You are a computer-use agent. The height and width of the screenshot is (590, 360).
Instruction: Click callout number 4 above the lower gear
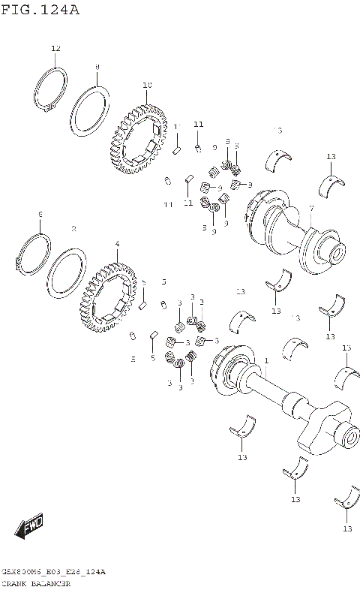[117, 244]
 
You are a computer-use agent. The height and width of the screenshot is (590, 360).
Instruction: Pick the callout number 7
[311, 208]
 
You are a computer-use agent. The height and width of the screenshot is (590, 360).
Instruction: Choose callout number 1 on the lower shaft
[265, 361]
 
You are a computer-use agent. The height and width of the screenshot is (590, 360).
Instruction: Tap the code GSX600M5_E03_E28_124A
[53, 572]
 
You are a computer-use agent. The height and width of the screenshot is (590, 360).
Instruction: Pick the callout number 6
[40, 215]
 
